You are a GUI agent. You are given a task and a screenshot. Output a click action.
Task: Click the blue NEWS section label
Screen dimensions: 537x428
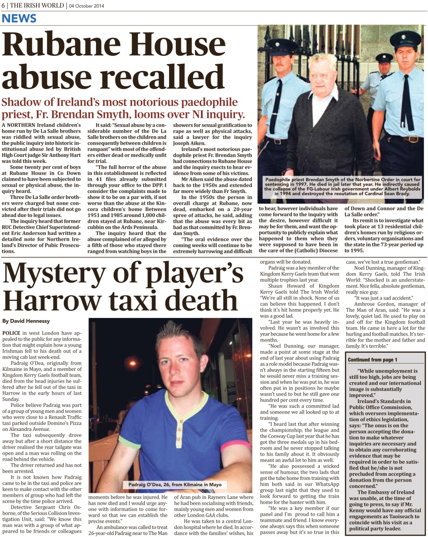(x=19, y=18)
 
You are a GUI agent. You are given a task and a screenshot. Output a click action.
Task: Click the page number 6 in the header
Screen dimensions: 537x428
(x=3, y=5)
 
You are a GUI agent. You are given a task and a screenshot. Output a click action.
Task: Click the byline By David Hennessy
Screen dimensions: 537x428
(x=26, y=321)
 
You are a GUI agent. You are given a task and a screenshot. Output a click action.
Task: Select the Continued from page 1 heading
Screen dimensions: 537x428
(x=373, y=360)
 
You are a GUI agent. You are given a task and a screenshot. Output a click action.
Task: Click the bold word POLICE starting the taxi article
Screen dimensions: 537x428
(x=11, y=333)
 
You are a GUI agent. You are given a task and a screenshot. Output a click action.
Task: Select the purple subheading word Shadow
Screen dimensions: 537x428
(x=21, y=102)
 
